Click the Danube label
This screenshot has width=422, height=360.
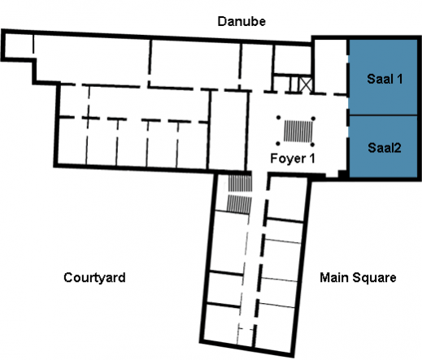pyautogui.click(x=241, y=21)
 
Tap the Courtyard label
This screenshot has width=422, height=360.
pyautogui.click(x=94, y=278)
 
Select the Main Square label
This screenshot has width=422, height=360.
pyautogui.click(x=358, y=278)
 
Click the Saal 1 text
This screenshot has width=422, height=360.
pyautogui.click(x=385, y=79)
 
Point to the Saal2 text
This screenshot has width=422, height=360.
pyautogui.click(x=385, y=148)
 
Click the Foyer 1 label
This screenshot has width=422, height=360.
pyautogui.click(x=293, y=158)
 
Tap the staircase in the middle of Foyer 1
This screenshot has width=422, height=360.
pyautogui.click(x=298, y=132)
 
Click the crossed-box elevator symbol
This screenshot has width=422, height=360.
pyautogui.click(x=306, y=85)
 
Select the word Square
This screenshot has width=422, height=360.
pyautogui.click(x=376, y=278)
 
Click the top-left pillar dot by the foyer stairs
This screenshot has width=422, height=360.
pyautogui.click(x=278, y=118)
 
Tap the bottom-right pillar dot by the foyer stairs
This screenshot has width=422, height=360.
pyautogui.click(x=312, y=145)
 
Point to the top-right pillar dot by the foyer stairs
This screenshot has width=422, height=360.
pyautogui.click(x=313, y=119)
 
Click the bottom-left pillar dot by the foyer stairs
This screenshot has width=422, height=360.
pyautogui.click(x=278, y=144)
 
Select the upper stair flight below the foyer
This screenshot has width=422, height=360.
pyautogui.click(x=240, y=184)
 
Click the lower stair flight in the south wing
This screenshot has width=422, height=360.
pyautogui.click(x=239, y=204)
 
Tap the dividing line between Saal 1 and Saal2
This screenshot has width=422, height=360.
pyautogui.click(x=383, y=115)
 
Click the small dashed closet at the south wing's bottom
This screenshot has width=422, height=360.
pyautogui.click(x=246, y=336)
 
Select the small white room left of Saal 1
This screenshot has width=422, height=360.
pyautogui.click(x=331, y=67)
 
